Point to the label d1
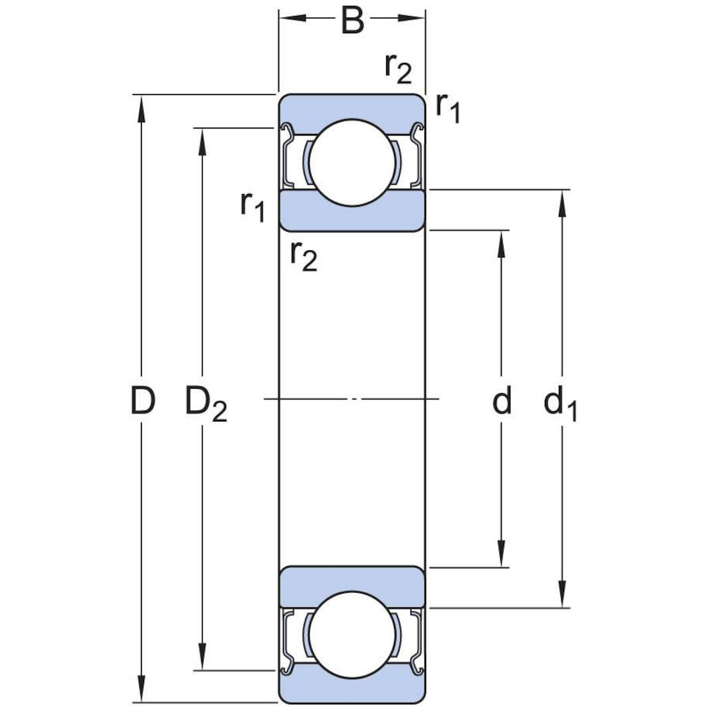click(560, 404)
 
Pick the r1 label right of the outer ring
click(447, 108)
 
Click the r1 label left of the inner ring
click(252, 206)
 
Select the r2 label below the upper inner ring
click(304, 255)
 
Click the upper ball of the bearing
click(352, 163)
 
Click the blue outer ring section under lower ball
click(352, 688)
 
